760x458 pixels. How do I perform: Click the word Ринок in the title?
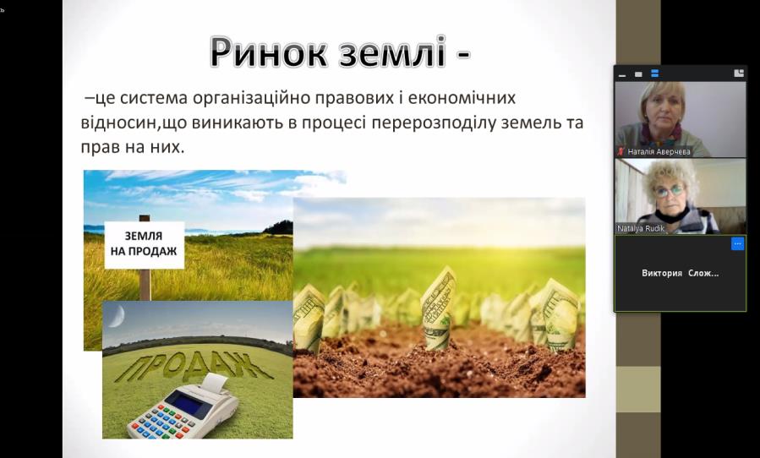[268, 52]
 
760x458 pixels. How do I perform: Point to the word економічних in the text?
[462, 98]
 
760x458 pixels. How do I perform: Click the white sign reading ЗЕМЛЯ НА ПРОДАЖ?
[145, 245]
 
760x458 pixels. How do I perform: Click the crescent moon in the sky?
[117, 315]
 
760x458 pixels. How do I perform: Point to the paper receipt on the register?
[215, 383]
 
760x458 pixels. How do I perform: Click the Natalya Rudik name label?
[641, 228]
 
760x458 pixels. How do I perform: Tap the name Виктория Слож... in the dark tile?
[680, 273]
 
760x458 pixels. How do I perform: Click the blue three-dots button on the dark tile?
[737, 243]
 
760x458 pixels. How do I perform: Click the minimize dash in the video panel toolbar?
[622, 75]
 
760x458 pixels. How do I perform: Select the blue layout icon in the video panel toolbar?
[655, 74]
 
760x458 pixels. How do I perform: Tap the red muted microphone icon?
[621, 152]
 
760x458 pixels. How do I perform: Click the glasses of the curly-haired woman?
[670, 191]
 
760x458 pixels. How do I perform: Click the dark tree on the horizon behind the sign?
[279, 227]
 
